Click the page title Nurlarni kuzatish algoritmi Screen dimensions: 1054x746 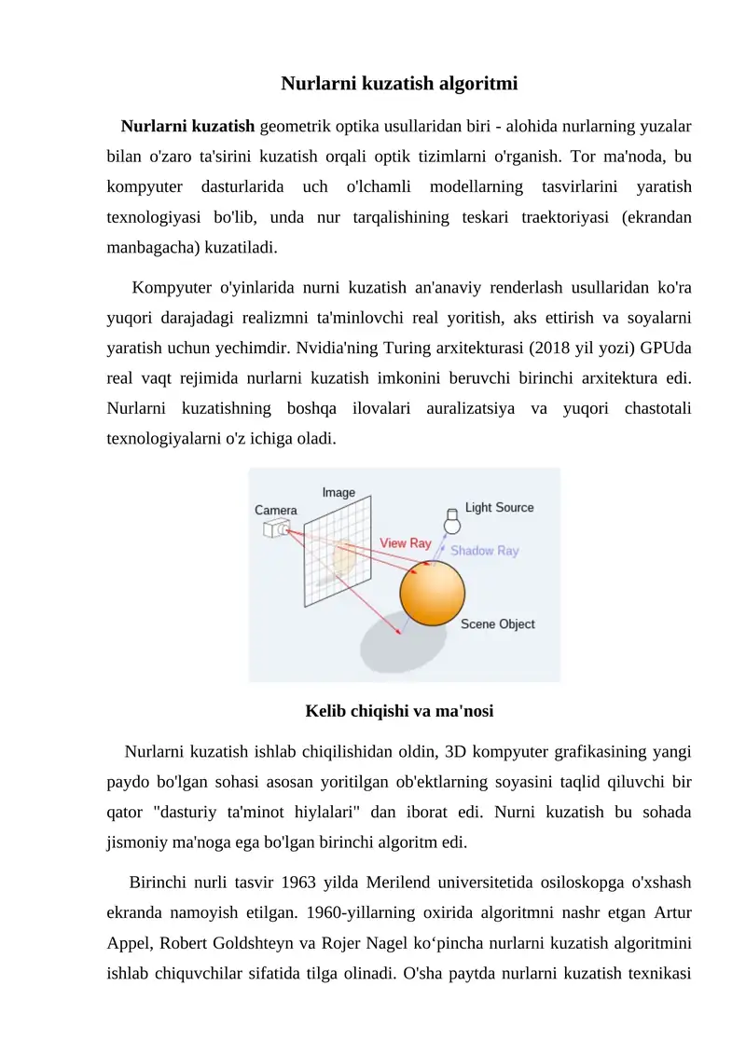pyautogui.click(x=399, y=84)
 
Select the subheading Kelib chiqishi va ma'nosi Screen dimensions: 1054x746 pyautogui.click(x=399, y=712)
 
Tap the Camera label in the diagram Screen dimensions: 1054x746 pyautogui.click(x=276, y=510)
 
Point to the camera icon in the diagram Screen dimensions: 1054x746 pyautogui.click(x=277, y=528)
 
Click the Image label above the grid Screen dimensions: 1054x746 pyautogui.click(x=338, y=492)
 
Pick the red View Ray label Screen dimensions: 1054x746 pyautogui.click(x=405, y=542)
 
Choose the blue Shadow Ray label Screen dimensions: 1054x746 pyautogui.click(x=485, y=551)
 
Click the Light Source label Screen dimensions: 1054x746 pyautogui.click(x=500, y=508)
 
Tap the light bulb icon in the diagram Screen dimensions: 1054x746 pyautogui.click(x=451, y=519)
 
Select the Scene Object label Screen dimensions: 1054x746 pyautogui.click(x=498, y=624)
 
